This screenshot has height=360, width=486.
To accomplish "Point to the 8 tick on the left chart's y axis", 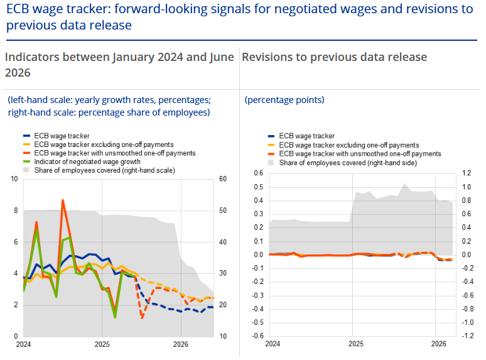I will (x=14, y=210).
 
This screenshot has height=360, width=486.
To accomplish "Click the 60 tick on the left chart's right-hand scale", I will (x=222, y=179).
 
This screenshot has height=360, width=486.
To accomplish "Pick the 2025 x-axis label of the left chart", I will (x=102, y=344).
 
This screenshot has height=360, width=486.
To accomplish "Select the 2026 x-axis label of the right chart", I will (x=439, y=344).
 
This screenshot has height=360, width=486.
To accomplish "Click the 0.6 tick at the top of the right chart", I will (x=258, y=173).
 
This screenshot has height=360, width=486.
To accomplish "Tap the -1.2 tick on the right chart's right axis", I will (x=467, y=335).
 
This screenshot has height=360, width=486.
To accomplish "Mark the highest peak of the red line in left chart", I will (x=63, y=200).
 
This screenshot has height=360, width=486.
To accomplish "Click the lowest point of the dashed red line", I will (x=142, y=318).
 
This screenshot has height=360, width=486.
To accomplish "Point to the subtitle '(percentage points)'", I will (x=284, y=100).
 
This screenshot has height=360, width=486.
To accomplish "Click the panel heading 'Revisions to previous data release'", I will (x=334, y=57).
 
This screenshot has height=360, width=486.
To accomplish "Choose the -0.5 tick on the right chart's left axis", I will (x=257, y=322).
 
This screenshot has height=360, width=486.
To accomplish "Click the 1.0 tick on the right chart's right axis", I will (x=467, y=187).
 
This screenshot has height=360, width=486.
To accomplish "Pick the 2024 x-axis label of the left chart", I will (x=23, y=344).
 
